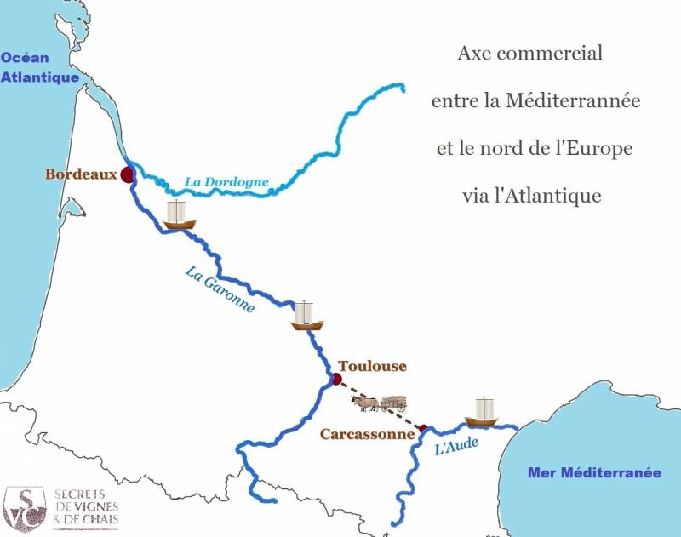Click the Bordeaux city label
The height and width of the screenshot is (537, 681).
80,174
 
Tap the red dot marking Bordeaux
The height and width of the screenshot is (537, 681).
127,175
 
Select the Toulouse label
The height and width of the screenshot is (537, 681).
373,366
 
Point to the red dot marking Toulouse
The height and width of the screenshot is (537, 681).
336,379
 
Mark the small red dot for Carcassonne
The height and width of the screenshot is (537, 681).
422,428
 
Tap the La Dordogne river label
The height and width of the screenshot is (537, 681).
226,181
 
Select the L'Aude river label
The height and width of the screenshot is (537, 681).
456,443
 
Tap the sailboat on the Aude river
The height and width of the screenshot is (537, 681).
482,412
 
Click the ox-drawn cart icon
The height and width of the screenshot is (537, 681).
381,403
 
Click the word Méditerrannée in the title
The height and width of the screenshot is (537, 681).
573,101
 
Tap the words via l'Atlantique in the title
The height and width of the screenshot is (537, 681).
531,195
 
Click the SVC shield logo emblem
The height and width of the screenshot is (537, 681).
24,507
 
